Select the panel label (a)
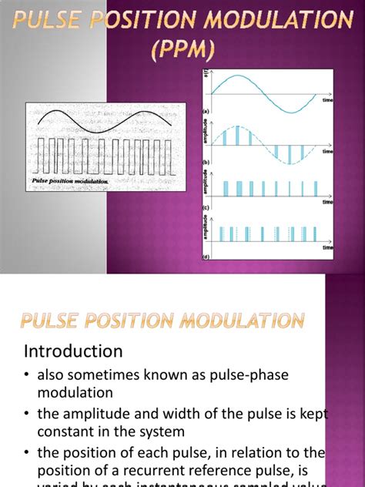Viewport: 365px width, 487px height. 206,113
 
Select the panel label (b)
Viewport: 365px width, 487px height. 206,163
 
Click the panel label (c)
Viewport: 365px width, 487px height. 206,207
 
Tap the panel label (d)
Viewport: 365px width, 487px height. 206,256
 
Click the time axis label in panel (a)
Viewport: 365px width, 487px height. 327,100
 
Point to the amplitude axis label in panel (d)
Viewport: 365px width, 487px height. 205,229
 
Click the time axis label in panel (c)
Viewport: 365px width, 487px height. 327,203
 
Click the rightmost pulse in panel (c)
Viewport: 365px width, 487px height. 315,189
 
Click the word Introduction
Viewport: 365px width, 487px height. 72,351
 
